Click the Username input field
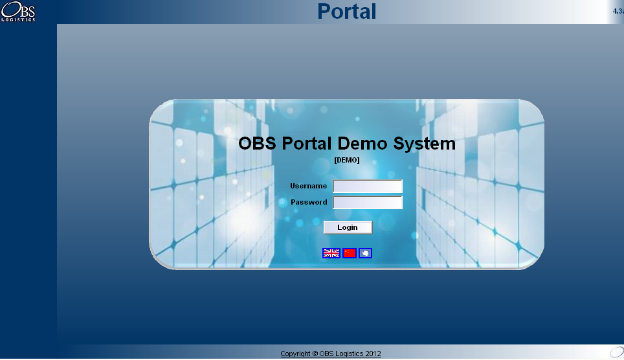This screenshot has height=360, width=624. click(368, 186)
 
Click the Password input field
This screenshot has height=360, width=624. click(368, 202)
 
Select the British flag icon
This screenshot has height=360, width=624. click(331, 253)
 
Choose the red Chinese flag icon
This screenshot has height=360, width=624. click(350, 253)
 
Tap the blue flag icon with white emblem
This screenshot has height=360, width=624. click(365, 253)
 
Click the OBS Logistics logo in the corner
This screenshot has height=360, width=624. click(18, 11)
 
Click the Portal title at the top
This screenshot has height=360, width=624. click(346, 11)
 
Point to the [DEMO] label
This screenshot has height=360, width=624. click(346, 160)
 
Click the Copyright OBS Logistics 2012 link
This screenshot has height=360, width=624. click(331, 354)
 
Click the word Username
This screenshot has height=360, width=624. click(308, 186)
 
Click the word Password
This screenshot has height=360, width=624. click(309, 202)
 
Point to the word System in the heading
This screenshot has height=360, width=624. click(424, 144)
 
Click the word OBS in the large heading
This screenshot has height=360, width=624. click(257, 143)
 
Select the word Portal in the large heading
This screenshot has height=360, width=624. click(306, 143)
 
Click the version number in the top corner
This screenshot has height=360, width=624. click(618, 11)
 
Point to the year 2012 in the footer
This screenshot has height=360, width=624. click(373, 354)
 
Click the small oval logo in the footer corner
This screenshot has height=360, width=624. click(617, 352)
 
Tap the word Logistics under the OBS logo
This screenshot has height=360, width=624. click(18, 19)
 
